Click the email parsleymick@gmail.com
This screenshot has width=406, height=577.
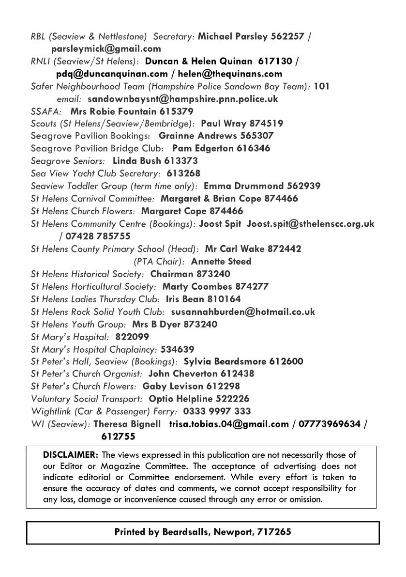coord(106,48)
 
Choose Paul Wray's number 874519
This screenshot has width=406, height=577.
coord(267,124)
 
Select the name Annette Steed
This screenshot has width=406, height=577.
coord(221,262)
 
